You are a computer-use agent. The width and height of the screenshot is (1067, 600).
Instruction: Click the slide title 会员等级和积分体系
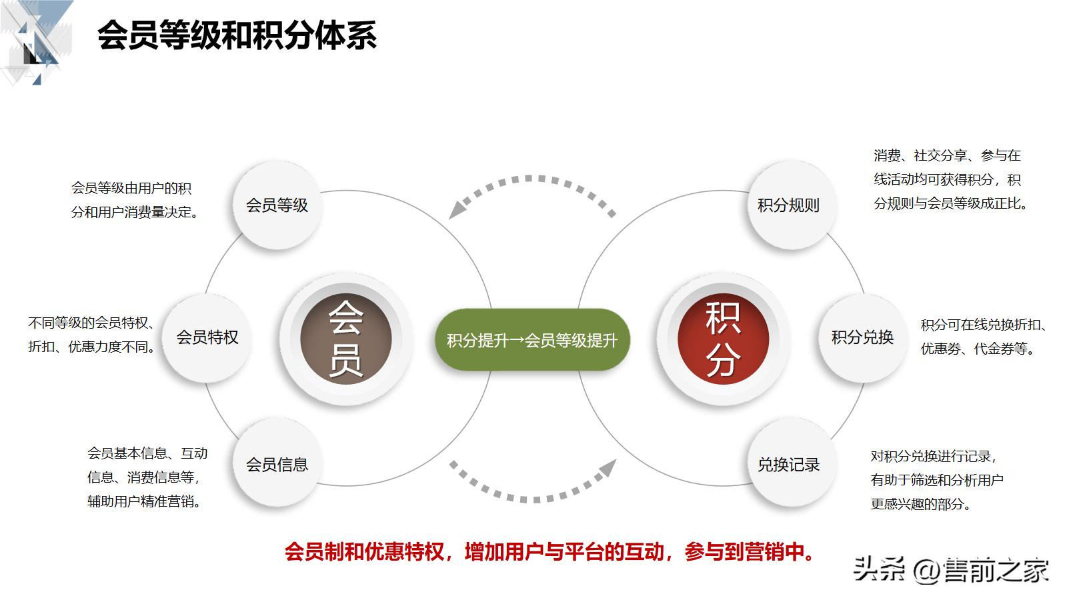[x=237, y=35]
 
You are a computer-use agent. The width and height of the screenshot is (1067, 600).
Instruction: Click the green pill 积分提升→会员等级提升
[x=532, y=340]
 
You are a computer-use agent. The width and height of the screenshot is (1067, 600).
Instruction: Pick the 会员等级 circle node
[x=277, y=205]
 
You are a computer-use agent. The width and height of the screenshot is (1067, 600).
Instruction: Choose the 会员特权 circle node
[x=207, y=337]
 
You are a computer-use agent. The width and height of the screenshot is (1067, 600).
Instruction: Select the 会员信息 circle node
[x=277, y=465]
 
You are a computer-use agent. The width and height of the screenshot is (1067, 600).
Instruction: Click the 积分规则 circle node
[x=788, y=205]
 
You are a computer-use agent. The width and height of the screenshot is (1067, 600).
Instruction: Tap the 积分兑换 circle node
[x=862, y=337]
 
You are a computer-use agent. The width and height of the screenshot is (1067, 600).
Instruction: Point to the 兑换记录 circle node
[x=788, y=465]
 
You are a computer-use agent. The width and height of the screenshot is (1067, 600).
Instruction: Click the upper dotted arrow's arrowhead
[x=458, y=209]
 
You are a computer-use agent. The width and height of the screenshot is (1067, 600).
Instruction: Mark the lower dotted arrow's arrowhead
[x=606, y=468]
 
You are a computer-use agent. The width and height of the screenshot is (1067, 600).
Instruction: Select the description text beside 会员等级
[x=135, y=200]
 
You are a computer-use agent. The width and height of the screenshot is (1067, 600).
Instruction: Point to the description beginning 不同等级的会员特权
[x=92, y=335]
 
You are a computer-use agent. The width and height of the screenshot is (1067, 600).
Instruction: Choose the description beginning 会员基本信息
[x=147, y=477]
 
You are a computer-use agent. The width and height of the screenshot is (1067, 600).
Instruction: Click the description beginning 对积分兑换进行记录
[x=936, y=480]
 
